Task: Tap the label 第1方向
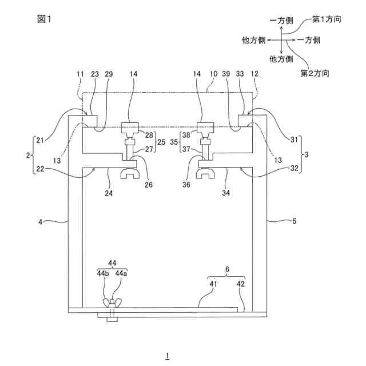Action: point(327,19)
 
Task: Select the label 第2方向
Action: point(315,73)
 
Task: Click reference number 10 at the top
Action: point(213,74)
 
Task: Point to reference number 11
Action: point(80,74)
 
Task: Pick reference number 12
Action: point(254,74)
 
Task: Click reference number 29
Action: point(109,74)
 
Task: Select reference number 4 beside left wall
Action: point(49,219)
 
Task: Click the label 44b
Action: point(104,273)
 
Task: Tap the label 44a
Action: point(121,273)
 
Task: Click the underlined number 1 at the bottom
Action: point(167,356)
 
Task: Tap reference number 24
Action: point(109,194)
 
